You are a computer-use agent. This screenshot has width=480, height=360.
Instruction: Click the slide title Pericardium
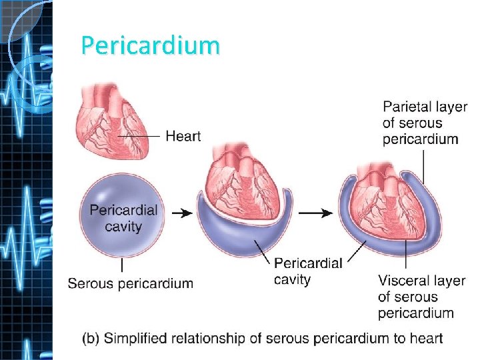tap(150, 45)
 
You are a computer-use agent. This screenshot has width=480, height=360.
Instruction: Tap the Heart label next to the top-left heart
tap(183, 136)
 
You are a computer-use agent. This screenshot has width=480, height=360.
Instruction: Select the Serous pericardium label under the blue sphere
tap(131, 283)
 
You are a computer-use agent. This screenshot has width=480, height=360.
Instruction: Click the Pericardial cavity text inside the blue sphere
tap(124, 218)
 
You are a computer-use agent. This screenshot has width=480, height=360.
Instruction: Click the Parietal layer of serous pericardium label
tap(425, 123)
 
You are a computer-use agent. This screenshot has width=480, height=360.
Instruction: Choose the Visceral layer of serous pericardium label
tap(421, 297)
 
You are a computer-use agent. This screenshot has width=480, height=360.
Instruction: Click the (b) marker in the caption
tap(90, 338)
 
